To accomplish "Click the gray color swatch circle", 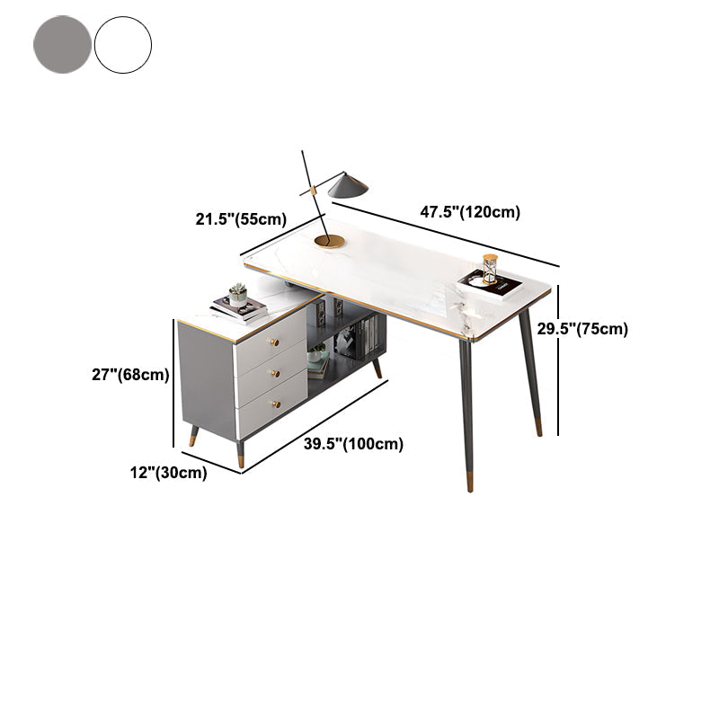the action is point(62,44).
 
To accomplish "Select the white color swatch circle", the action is point(123,44).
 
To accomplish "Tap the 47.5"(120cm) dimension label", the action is point(470,212).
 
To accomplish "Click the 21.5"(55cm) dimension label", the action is point(241,219).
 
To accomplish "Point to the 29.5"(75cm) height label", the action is point(582,329).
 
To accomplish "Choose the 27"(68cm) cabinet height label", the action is point(130,375).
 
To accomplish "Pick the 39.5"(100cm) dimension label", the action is point(353,444).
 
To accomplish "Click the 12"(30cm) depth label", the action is point(168,473).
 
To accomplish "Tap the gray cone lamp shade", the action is point(348,185).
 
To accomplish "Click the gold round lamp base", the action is point(329,241).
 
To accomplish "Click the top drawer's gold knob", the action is point(273,342).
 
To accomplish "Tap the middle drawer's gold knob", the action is point(275,373).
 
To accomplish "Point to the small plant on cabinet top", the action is point(237,295).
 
